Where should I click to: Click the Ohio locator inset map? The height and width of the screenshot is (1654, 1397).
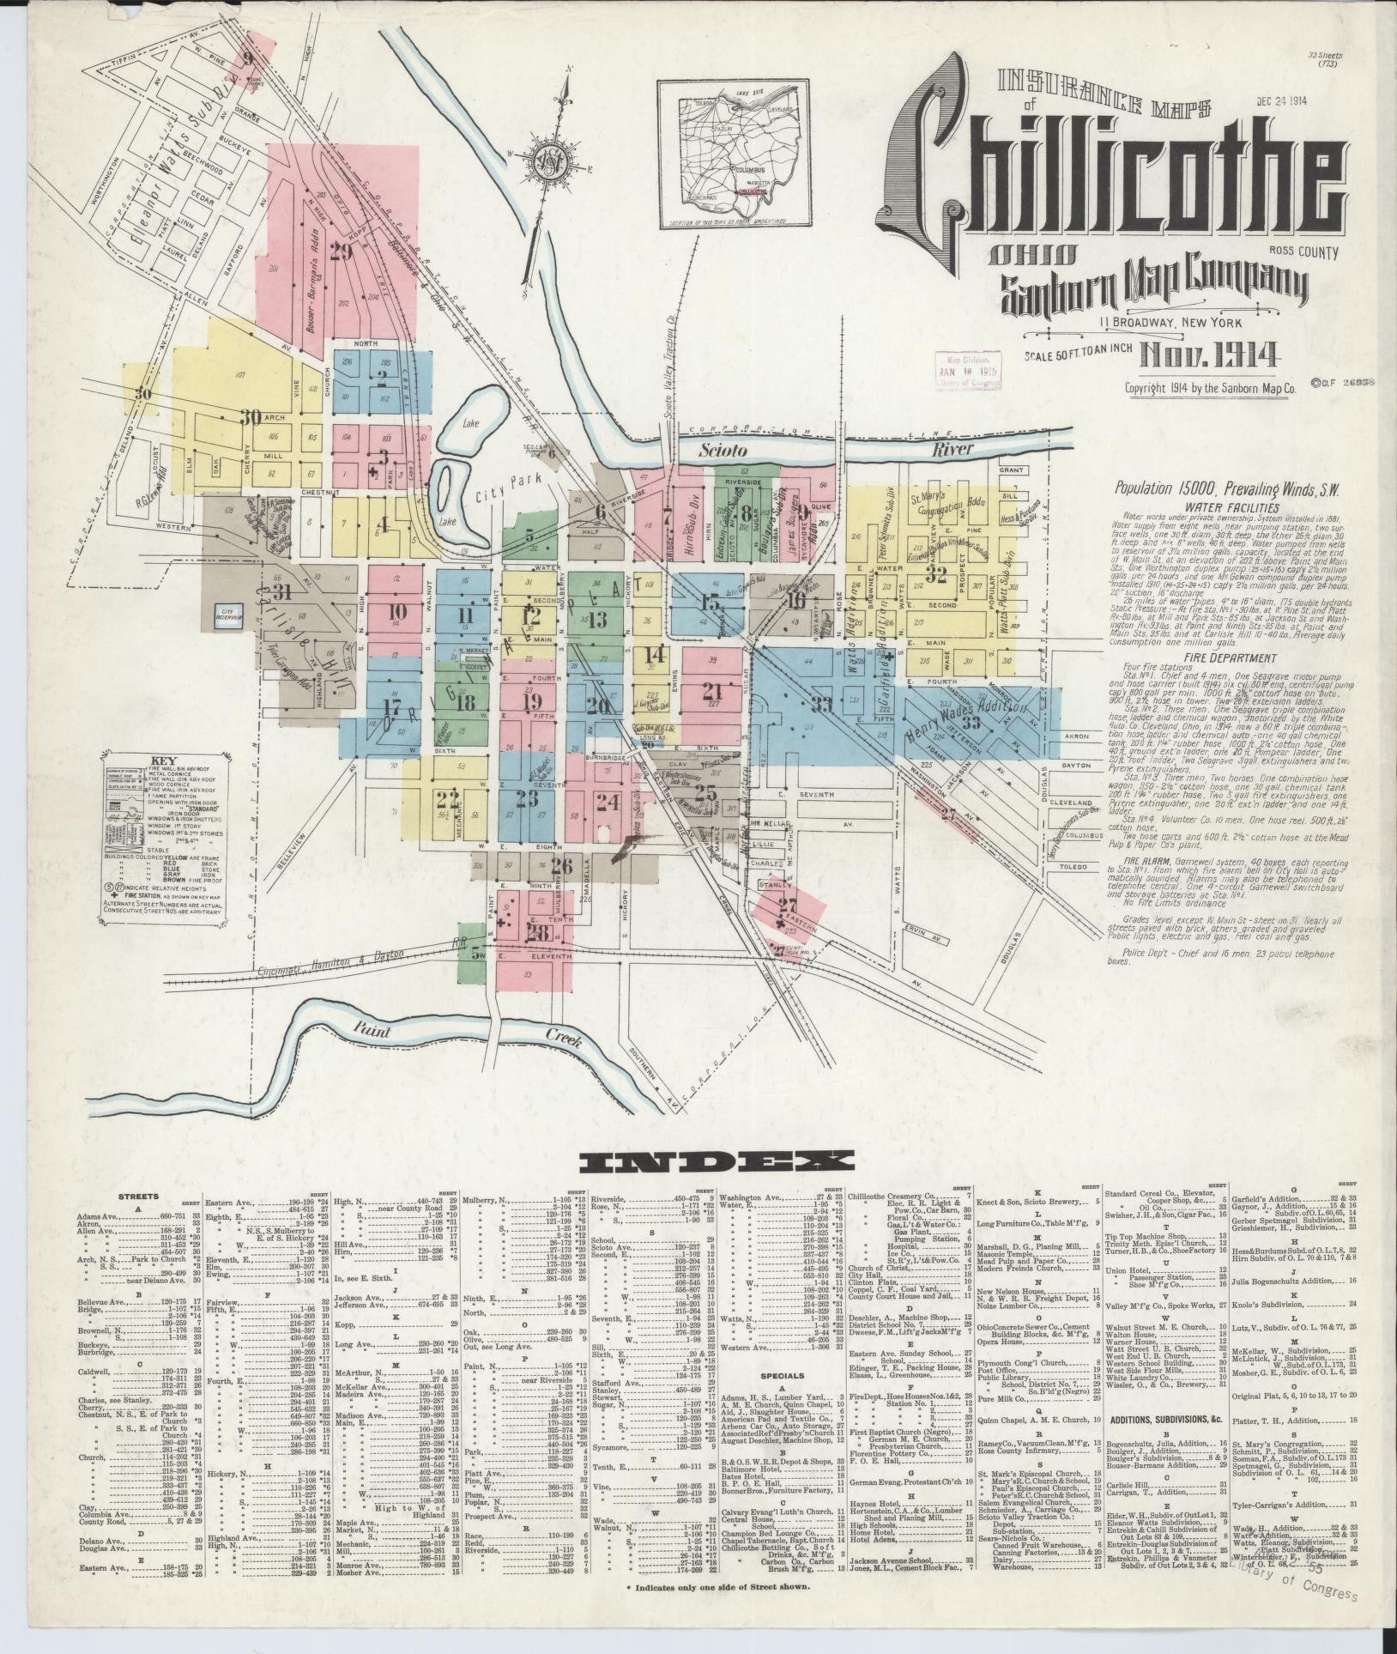734,154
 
